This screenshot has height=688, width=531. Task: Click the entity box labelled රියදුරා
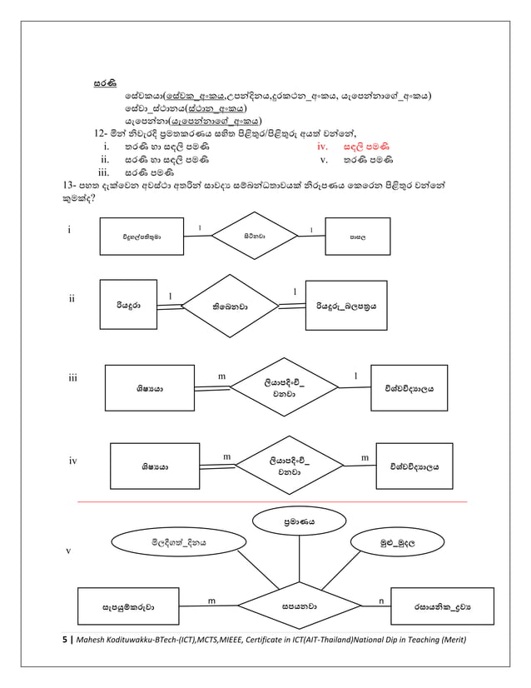point(128,306)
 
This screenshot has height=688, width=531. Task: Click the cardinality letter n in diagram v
point(380,600)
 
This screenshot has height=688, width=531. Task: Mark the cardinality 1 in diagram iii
point(356,376)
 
